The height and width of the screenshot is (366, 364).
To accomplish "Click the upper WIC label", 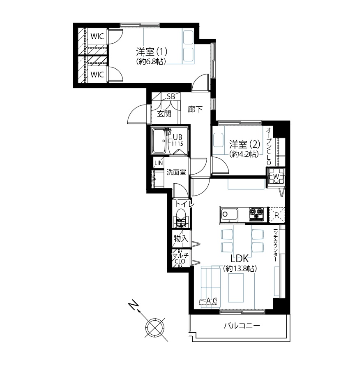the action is pyautogui.click(x=97, y=36).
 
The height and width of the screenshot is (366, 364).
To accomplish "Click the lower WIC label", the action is pyautogui.click(x=97, y=75).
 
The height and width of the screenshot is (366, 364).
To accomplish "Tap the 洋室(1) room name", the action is pyautogui.click(x=152, y=52).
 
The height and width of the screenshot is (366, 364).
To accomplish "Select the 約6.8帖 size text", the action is pyautogui.click(x=151, y=61).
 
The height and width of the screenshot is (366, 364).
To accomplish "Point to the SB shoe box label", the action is pyautogui.click(x=171, y=97).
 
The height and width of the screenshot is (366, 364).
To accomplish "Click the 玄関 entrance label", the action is pyautogui.click(x=164, y=114).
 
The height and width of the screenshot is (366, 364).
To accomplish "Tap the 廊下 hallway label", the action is pyautogui.click(x=195, y=109).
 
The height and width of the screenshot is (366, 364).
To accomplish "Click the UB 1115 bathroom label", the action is pyautogui.click(x=177, y=140).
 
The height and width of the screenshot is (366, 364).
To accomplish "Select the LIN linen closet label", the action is pyautogui.click(x=159, y=163).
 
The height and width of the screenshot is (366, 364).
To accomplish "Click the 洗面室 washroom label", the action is pyautogui.click(x=176, y=172).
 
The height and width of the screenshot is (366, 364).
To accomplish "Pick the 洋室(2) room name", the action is pyautogui.click(x=244, y=145).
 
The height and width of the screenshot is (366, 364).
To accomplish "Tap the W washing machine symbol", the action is pyautogui.click(x=276, y=176).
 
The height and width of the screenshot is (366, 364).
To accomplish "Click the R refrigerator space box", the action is pyautogui.click(x=277, y=215).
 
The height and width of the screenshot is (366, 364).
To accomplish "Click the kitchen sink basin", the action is pyautogui.click(x=229, y=214).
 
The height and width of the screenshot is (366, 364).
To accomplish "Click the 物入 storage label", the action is pyautogui.click(x=181, y=238).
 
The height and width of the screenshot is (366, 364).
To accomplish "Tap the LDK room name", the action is pyautogui.click(x=240, y=259).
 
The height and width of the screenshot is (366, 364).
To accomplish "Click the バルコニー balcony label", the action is pyautogui.click(x=242, y=326).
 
